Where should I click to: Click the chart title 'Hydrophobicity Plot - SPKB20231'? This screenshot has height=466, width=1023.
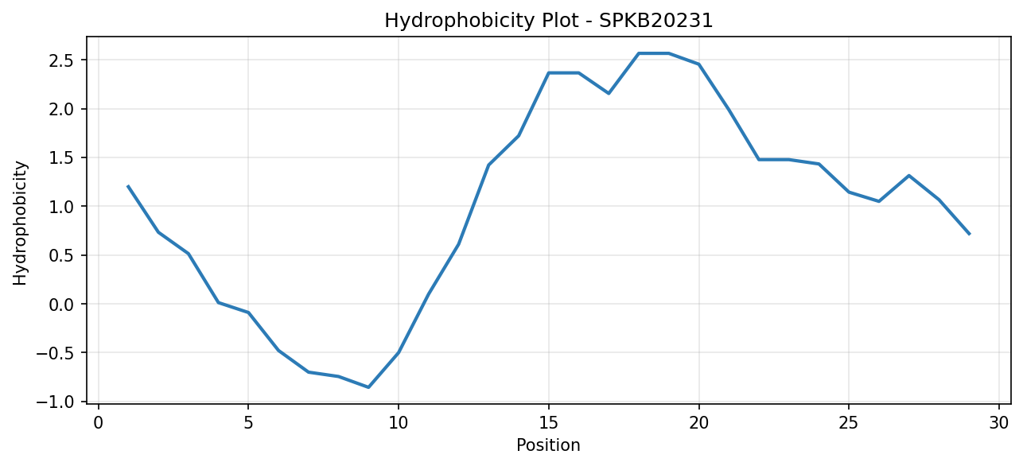[x=549, y=21]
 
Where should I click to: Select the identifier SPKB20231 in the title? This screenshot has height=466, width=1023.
[x=655, y=21]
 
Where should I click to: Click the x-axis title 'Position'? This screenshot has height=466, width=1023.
[x=548, y=445]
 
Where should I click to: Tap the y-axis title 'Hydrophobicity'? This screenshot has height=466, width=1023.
[x=20, y=223]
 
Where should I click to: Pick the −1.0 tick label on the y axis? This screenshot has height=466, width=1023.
[x=58, y=402]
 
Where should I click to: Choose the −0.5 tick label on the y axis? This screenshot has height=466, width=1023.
[x=58, y=353]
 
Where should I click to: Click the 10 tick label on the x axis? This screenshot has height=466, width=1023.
[x=399, y=423]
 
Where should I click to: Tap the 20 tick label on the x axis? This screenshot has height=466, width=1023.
[x=698, y=423]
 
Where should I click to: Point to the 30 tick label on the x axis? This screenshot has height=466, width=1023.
[x=999, y=423]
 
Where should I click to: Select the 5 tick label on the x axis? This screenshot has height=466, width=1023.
[x=248, y=423]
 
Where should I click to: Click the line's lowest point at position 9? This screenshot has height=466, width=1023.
[x=368, y=387]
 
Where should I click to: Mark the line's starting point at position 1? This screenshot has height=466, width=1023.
[x=128, y=186]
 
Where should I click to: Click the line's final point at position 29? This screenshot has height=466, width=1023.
[x=969, y=234]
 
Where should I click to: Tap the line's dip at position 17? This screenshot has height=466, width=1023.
[x=609, y=94]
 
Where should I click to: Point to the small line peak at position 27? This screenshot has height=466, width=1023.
[x=908, y=176]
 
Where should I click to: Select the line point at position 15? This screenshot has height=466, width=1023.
[x=549, y=73]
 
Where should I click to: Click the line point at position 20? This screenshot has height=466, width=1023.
[x=698, y=64]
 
